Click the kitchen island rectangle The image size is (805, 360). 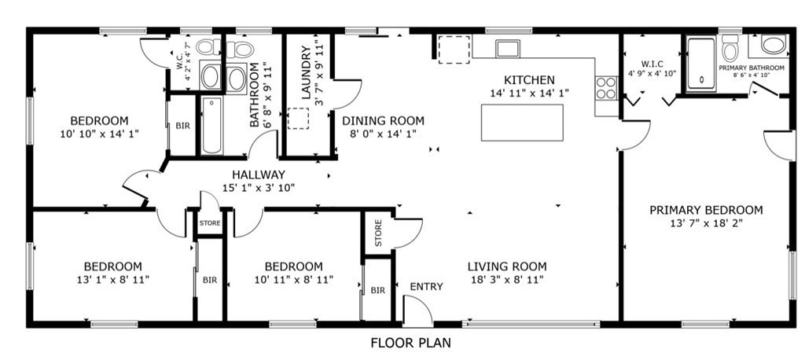point(522,122)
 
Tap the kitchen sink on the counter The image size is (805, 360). point(508,48)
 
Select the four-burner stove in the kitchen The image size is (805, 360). point(606,88)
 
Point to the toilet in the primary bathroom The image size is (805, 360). point(730,48)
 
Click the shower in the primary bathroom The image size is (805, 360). point(701,64)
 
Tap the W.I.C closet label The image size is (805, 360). point(652,64)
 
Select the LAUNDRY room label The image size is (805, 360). point(307,72)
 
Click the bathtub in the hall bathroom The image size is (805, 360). point(211,126)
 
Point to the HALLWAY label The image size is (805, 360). point(258,175)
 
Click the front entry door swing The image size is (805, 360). point(418,311)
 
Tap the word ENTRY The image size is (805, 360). point(426,287)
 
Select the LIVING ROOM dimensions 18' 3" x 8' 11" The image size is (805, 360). point(507,280)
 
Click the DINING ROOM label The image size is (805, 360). point(384,121)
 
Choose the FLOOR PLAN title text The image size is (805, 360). point(410,343)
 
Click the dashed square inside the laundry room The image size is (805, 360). point(298,118)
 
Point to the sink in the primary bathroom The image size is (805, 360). point(773,44)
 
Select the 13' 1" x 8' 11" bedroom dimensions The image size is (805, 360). point(113,280)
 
